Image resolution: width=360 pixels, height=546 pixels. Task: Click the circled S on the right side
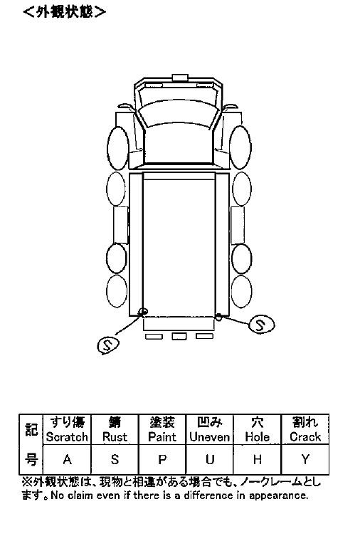pos(262,325)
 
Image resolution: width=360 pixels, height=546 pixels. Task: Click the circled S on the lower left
pos(108,345)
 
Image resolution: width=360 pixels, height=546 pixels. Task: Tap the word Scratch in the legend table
pos(67,437)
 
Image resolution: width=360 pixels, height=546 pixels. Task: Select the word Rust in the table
pos(115,437)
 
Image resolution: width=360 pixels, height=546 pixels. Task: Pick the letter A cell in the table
pos(67,460)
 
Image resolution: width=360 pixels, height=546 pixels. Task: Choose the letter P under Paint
pos(162,460)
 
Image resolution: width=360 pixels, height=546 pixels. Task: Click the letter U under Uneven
pos(210,460)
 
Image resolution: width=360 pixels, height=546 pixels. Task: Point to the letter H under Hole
pos(258,460)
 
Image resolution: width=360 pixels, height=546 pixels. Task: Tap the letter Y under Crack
pos(305,460)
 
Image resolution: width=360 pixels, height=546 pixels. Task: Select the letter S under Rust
pos(115,460)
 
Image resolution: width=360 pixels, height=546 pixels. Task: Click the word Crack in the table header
pos(305,437)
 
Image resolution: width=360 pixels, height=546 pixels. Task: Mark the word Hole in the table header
pos(258,437)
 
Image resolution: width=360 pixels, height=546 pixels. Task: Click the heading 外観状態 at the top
pos(65,12)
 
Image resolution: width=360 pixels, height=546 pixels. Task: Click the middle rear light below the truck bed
pos(179,336)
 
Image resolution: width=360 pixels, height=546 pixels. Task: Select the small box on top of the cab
pos(180,78)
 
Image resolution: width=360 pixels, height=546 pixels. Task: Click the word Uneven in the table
pos(210,437)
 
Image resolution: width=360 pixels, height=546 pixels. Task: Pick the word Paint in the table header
pos(162,437)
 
